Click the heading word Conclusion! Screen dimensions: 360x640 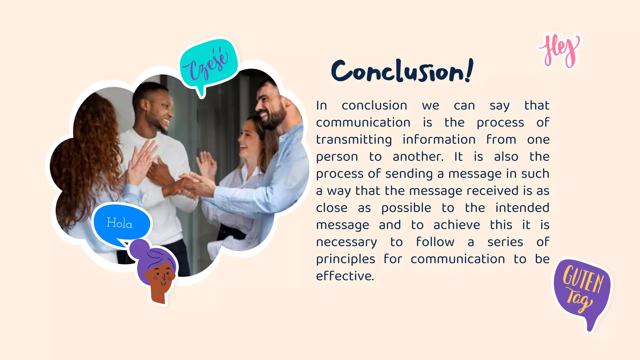[x=402, y=71]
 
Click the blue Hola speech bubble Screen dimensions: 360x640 [x=121, y=223]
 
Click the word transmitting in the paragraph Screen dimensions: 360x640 [x=354, y=140]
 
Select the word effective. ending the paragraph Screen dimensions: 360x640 [x=345, y=276]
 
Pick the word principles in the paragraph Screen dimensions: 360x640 [x=345, y=259]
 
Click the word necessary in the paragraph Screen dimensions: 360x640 [x=346, y=242]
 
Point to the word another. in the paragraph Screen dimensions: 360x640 [x=418, y=157]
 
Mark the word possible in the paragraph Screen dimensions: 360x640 [x=406, y=208]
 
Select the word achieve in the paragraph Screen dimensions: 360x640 [x=457, y=225]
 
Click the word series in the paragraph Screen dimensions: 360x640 [x=505, y=242]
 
